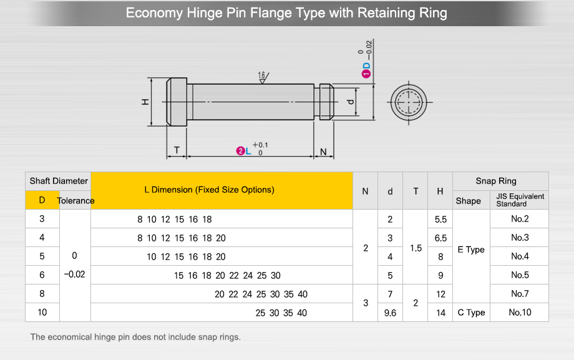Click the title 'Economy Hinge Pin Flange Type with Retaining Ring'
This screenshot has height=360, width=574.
(286, 13)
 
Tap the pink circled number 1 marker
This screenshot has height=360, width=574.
(366, 74)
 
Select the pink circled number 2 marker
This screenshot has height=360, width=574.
(240, 151)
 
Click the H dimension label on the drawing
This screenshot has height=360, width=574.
(145, 102)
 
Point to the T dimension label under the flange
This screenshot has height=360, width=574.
(177, 150)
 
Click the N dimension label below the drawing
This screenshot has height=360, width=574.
(323, 151)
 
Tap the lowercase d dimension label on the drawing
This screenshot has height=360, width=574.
(350, 102)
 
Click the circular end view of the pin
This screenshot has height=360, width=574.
(409, 102)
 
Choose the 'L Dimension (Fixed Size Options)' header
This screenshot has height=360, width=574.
(209, 190)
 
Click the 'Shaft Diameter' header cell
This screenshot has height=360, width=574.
(59, 181)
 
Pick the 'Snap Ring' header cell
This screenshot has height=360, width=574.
(496, 181)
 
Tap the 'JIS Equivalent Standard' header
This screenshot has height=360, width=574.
(520, 200)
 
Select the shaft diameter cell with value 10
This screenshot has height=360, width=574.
(42, 313)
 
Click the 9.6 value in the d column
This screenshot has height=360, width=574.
(390, 313)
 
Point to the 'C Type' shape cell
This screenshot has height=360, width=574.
(471, 313)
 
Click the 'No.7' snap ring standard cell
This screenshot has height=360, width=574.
(520, 294)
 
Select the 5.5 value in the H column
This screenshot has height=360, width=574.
(440, 219)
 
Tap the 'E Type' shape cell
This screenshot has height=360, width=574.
(471, 250)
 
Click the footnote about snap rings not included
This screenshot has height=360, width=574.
(135, 337)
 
